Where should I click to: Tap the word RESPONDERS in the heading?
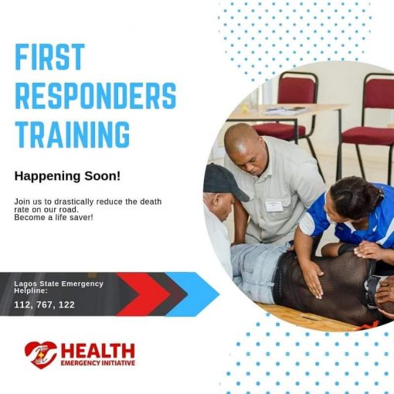point(95,95)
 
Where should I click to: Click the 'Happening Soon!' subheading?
point(67,176)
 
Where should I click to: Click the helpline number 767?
point(45,304)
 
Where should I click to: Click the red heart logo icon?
point(40,355)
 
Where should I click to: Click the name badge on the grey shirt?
point(274,205)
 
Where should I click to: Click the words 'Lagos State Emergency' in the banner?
point(58,284)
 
